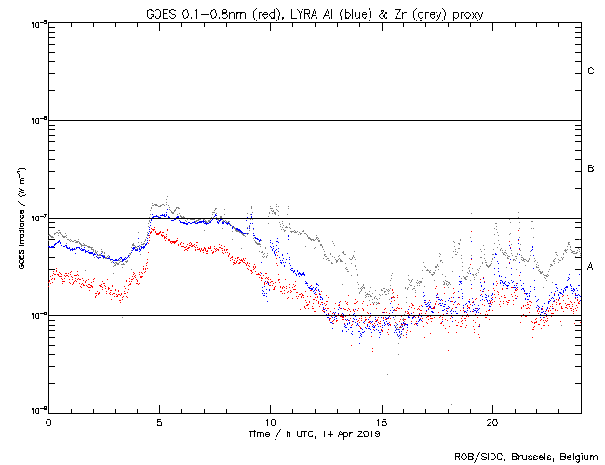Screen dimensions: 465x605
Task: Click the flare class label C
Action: click(590, 72)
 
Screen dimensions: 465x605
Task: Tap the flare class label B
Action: click(590, 169)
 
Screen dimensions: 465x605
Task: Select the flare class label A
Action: click(590, 267)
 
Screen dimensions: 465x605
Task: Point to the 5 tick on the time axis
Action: click(159, 422)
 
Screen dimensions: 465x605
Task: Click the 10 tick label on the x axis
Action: click(270, 422)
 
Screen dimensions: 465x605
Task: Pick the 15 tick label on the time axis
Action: click(381, 422)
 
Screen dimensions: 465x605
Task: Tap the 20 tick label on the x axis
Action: click(491, 422)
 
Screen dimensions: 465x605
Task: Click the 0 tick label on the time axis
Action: click(48, 422)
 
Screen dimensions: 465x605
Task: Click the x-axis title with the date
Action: click(315, 433)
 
